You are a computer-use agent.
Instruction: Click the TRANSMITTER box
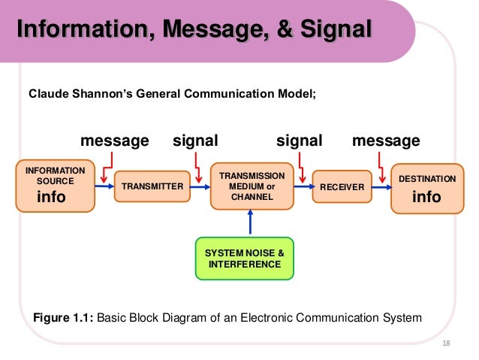pyautogui.click(x=152, y=186)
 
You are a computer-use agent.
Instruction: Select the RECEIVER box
pyautogui.click(x=342, y=186)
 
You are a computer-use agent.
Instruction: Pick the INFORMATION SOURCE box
pyautogui.click(x=56, y=186)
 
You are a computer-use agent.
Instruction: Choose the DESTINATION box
pyautogui.click(x=426, y=187)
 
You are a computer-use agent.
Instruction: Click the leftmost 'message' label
pyautogui.click(x=114, y=141)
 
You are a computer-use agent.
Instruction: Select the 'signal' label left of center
pyautogui.click(x=195, y=141)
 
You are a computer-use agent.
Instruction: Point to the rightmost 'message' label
pyautogui.click(x=386, y=141)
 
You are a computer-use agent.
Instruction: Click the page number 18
pyautogui.click(x=447, y=343)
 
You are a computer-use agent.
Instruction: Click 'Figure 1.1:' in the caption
pyautogui.click(x=65, y=317)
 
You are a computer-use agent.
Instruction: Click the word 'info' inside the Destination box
pyautogui.click(x=426, y=198)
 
